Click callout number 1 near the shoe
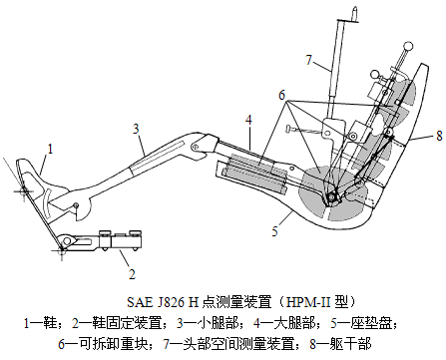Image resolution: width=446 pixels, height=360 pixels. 50,149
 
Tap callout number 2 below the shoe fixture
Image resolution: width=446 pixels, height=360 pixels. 132,274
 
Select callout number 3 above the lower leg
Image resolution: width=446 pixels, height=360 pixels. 136,129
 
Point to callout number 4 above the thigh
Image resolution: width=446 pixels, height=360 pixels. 248,120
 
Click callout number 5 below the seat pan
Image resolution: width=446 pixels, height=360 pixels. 274,231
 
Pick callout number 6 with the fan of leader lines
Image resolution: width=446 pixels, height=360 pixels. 282,95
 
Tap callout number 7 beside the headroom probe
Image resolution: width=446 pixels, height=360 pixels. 309,60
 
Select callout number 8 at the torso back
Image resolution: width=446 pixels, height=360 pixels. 439,136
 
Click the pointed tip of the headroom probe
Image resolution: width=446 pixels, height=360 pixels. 355,8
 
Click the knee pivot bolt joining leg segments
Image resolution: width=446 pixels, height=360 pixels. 196,146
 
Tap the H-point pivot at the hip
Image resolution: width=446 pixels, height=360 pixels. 331,197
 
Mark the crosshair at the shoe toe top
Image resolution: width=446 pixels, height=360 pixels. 24,190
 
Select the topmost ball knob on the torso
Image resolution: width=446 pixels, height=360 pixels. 408,46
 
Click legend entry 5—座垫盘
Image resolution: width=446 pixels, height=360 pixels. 363,323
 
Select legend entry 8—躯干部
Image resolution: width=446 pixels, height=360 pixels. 340,344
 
